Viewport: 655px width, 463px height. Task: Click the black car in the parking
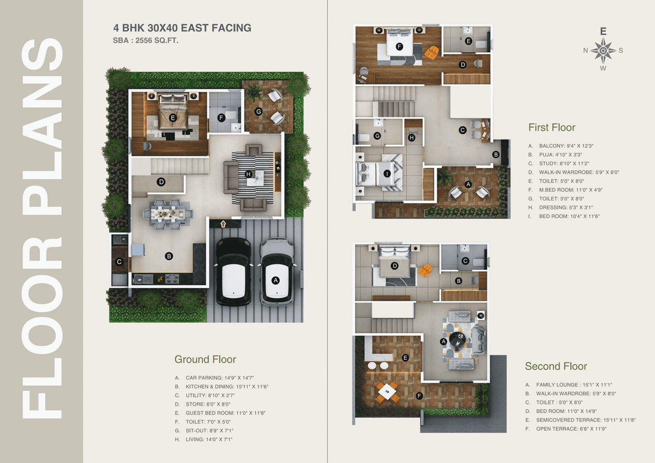[233, 272]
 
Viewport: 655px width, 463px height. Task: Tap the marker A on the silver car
[276, 280]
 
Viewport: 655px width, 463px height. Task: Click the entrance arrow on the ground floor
[223, 224]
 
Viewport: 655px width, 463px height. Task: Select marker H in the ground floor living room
[249, 174]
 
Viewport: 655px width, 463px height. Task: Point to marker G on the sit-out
[258, 111]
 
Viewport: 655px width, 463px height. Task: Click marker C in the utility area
[119, 262]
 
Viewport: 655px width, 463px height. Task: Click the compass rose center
[603, 51]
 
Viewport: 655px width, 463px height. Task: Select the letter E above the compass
[603, 32]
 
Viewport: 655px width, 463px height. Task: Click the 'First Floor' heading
[552, 128]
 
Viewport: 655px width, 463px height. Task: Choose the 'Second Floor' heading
[556, 366]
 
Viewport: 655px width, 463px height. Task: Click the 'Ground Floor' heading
[205, 359]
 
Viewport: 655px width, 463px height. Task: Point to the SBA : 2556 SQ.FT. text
[145, 40]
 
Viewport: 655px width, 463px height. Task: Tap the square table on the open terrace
[387, 392]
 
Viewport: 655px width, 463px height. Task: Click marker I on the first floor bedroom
[387, 174]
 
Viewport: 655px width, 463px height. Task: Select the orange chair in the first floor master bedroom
[432, 52]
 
